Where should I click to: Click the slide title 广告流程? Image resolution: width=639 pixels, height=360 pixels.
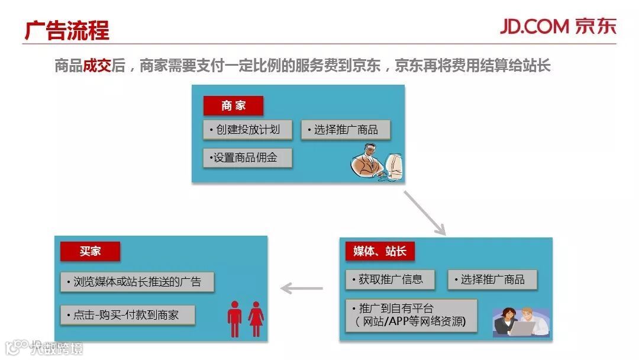67,30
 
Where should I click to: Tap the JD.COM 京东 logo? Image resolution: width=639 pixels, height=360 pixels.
558,26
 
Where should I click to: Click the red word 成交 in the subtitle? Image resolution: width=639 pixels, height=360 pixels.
97,65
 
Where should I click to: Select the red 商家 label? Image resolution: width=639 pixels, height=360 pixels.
233,106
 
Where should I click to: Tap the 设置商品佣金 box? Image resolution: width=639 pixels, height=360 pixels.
247,158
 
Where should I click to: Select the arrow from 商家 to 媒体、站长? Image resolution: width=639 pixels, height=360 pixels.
424,213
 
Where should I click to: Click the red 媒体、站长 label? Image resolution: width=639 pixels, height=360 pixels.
380,251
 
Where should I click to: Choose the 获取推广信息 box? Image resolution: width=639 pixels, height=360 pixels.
390,279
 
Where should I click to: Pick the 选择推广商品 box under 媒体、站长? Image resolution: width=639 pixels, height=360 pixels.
492,279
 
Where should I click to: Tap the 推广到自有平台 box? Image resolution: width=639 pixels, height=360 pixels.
411,315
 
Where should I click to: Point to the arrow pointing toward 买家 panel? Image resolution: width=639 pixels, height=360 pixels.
302,289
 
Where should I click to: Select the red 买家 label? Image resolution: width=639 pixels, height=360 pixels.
90,251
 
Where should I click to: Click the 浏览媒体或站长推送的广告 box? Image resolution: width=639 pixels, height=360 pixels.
137,282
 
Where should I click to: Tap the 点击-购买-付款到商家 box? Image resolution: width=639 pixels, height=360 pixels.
127,315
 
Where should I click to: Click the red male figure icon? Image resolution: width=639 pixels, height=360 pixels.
235,319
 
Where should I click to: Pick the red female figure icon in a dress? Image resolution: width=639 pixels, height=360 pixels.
256,319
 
